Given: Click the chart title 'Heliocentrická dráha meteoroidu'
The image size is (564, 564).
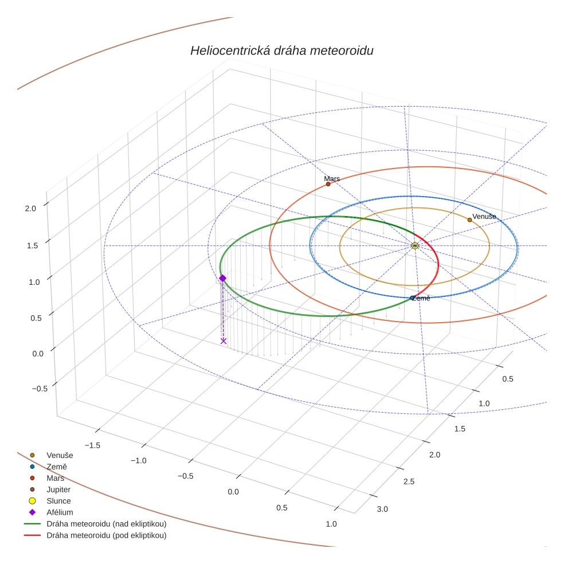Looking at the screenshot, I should pyautogui.click(x=281, y=51).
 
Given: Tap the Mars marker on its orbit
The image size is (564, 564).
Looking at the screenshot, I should pyautogui.click(x=328, y=184).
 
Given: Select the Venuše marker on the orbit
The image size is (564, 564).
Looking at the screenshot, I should pyautogui.click(x=469, y=220).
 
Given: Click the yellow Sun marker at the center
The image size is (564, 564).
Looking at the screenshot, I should pyautogui.click(x=415, y=245).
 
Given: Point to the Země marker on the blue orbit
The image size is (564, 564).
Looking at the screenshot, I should pyautogui.click(x=412, y=298).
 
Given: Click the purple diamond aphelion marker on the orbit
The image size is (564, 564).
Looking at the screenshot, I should pyautogui.click(x=222, y=278).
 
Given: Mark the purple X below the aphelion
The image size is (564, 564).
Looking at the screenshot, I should pyautogui.click(x=224, y=341).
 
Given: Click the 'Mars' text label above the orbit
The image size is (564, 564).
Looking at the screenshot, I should pyautogui.click(x=332, y=178).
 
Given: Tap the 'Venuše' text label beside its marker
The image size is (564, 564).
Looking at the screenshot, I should pyautogui.click(x=484, y=216).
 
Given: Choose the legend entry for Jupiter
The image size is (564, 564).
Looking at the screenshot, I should pyautogui.click(x=58, y=489).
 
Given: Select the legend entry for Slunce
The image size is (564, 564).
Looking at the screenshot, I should pyautogui.click(x=58, y=501).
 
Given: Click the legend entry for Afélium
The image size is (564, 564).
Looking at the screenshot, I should pyautogui.click(x=60, y=512).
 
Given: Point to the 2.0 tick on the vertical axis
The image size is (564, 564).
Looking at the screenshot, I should pyautogui.click(x=30, y=209).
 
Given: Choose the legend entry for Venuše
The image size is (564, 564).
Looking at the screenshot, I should pyautogui.click(x=60, y=455).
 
